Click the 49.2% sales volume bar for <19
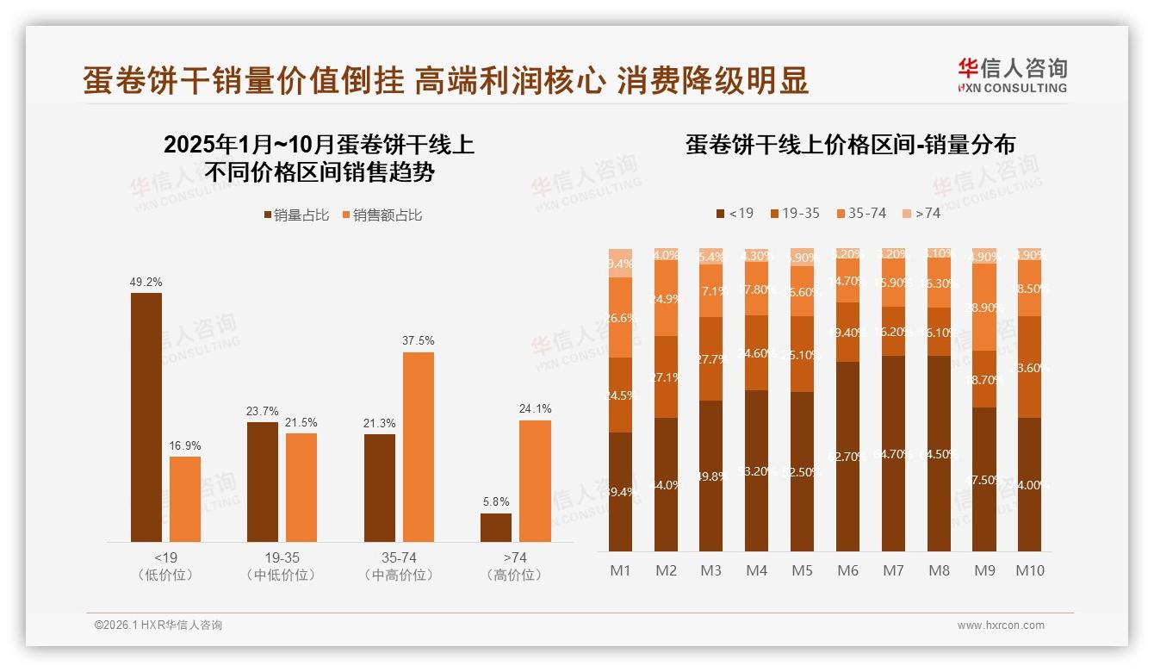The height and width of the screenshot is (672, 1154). click(146, 417)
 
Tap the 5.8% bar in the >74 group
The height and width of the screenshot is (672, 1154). click(496, 527)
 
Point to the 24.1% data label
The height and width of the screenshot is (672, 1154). click(536, 408)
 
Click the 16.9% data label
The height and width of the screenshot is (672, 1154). click(185, 445)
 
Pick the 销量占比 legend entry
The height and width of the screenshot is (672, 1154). click(297, 215)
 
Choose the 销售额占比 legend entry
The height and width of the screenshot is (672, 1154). click(382, 215)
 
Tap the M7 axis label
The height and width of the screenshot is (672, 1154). click(894, 570)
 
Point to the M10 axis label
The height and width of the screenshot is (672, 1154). click(1030, 570)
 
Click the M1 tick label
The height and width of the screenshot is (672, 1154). click(620, 570)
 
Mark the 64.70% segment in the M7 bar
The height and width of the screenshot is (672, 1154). click(894, 453)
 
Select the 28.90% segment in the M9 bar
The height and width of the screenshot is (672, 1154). click(984, 307)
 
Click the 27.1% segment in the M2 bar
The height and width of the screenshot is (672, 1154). click(666, 376)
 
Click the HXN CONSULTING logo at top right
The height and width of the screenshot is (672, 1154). click(1012, 75)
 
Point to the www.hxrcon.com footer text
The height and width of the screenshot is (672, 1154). click(1001, 625)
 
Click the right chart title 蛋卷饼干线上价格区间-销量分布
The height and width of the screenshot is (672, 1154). click(850, 144)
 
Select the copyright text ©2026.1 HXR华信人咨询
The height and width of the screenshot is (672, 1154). click(158, 625)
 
